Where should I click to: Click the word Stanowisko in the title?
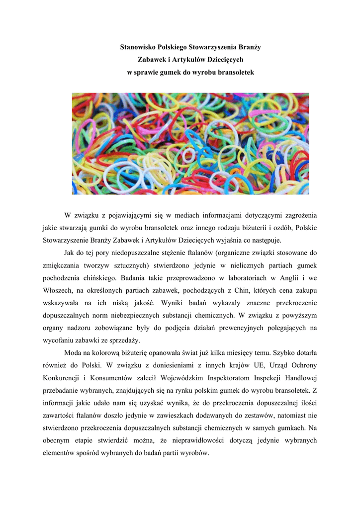tap(138, 47)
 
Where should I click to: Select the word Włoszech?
tap(59, 290)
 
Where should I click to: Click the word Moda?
tap(74, 352)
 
